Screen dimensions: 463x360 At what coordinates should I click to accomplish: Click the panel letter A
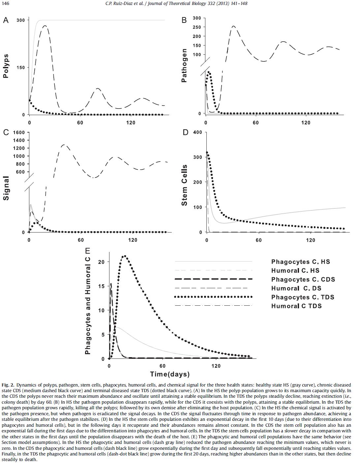(6, 20)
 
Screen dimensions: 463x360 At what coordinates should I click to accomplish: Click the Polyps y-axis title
(6, 66)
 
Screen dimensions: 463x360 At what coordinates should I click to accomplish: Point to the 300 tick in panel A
(20, 20)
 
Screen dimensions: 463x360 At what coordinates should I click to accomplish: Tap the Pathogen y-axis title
(184, 65)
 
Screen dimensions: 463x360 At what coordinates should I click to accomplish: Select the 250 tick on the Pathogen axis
(197, 27)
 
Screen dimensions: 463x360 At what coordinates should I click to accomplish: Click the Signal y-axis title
(6, 188)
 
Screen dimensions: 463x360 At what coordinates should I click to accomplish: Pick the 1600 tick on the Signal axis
(19, 133)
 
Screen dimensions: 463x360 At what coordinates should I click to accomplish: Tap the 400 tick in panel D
(197, 132)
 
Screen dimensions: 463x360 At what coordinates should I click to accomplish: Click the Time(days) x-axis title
(170, 374)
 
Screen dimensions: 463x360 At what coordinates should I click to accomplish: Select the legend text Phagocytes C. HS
(300, 262)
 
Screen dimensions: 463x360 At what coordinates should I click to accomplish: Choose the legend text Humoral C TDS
(296, 306)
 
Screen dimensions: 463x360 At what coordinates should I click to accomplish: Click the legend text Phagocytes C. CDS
(303, 280)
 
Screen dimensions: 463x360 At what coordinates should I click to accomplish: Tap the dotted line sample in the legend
(213, 297)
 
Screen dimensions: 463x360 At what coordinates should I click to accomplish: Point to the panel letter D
(185, 133)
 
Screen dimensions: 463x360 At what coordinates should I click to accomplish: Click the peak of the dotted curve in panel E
(124, 256)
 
